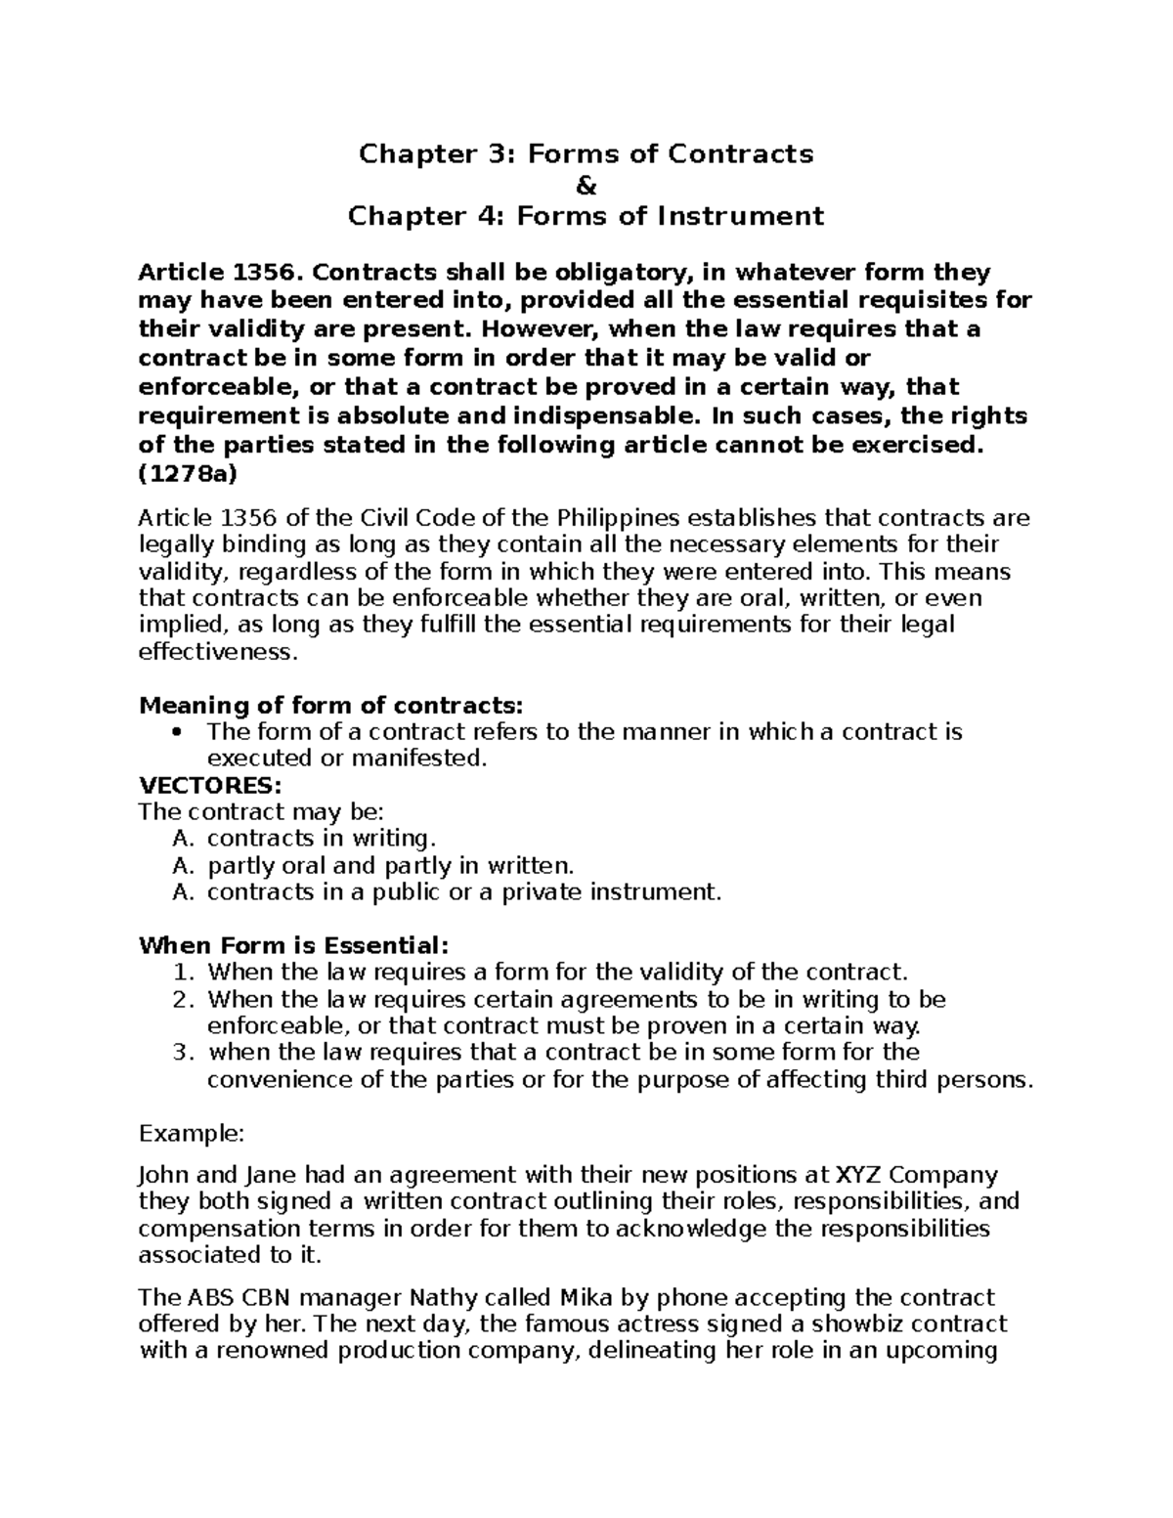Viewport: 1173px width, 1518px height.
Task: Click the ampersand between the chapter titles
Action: (586, 185)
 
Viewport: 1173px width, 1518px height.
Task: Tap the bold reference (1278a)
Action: (187, 474)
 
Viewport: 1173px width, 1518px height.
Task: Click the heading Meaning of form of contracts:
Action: (331, 705)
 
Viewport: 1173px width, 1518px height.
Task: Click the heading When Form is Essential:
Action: (294, 945)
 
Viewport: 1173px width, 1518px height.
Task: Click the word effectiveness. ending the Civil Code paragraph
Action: (216, 652)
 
